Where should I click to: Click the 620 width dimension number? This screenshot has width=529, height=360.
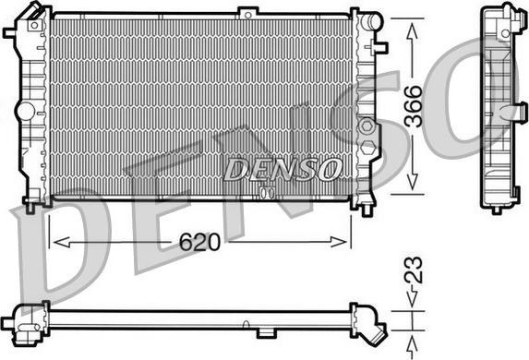(199, 243)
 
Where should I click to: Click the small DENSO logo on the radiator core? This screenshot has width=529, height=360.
(268, 170)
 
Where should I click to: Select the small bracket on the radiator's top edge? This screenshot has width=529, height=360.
(246, 12)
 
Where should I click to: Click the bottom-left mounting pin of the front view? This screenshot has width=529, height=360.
(31, 207)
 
